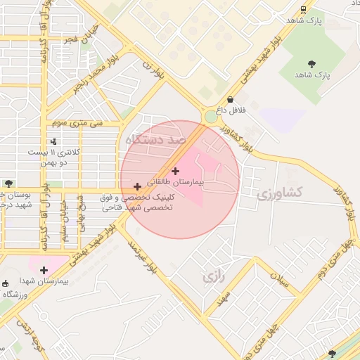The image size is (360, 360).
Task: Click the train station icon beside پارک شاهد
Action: tap(303, 9)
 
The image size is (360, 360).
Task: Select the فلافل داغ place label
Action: tap(231, 110)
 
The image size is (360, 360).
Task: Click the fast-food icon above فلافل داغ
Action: tap(231, 99)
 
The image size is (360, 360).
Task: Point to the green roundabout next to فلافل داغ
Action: tap(210, 117)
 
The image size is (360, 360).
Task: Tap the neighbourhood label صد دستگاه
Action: tap(155, 140)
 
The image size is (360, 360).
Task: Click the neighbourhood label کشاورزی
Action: tap(280, 191)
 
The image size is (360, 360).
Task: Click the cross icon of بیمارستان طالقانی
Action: tap(175, 170)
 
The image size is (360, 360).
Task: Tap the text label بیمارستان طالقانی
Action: tap(175, 181)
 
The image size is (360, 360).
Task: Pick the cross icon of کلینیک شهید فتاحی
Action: tap(136, 186)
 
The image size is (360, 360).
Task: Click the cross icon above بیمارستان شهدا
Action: tap(44, 269)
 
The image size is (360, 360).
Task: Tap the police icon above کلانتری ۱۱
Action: tap(53, 141)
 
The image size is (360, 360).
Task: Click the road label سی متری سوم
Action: tap(77, 123)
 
